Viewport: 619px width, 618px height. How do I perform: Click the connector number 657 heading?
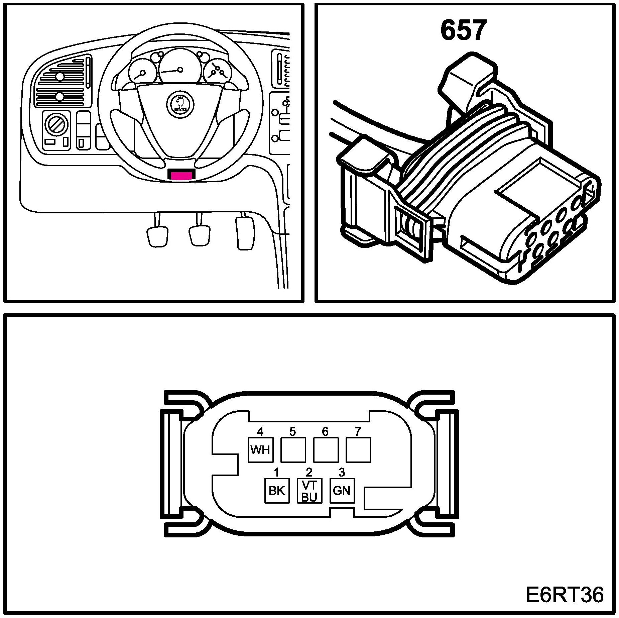pyautogui.click(x=463, y=31)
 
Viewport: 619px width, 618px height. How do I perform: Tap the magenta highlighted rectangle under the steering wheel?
pyautogui.click(x=181, y=175)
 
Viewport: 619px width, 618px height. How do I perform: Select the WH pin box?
pyautogui.click(x=260, y=450)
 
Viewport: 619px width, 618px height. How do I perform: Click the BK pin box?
pyautogui.click(x=277, y=491)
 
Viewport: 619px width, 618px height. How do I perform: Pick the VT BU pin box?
pyautogui.click(x=309, y=491)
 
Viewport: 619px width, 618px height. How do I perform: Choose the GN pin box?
pyautogui.click(x=342, y=491)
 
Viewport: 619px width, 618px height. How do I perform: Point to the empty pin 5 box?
pyautogui.click(x=293, y=450)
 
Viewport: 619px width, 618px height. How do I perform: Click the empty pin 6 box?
pyautogui.click(x=326, y=450)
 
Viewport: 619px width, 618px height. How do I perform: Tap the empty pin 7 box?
pyautogui.click(x=358, y=450)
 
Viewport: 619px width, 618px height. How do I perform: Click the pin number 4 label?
pyautogui.click(x=260, y=431)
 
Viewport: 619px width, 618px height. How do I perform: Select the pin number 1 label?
pyautogui.click(x=276, y=472)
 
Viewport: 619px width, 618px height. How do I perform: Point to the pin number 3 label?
pyautogui.click(x=342, y=472)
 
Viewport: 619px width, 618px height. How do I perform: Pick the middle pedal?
pyautogui.click(x=200, y=235)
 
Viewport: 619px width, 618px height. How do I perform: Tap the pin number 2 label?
pyautogui.click(x=309, y=472)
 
